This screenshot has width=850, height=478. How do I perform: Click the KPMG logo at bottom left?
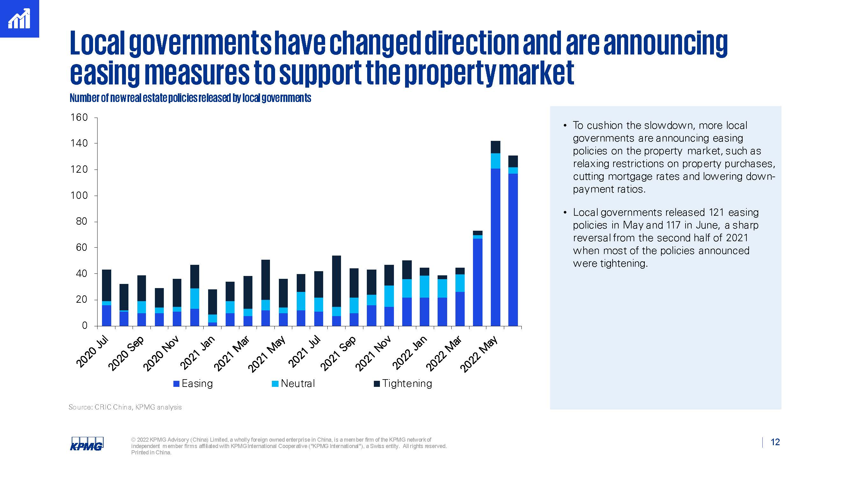[86, 443]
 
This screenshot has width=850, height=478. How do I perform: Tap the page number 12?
[775, 442]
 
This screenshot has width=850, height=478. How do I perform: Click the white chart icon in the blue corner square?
[19, 19]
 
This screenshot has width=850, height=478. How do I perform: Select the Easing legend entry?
[193, 383]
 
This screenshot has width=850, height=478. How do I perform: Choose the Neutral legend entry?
[293, 383]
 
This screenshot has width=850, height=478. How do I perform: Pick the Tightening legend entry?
[403, 383]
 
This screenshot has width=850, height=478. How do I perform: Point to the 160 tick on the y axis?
[79, 118]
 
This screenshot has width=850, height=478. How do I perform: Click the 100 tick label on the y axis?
[79, 196]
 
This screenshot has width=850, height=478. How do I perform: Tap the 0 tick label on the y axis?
[85, 326]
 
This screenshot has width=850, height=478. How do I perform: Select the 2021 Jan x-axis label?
[198, 352]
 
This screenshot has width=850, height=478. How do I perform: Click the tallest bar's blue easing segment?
[495, 247]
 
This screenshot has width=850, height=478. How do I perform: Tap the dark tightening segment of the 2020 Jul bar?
[106, 285]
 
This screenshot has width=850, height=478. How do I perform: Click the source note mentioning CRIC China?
[125, 407]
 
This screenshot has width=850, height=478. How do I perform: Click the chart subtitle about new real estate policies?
[190, 98]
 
